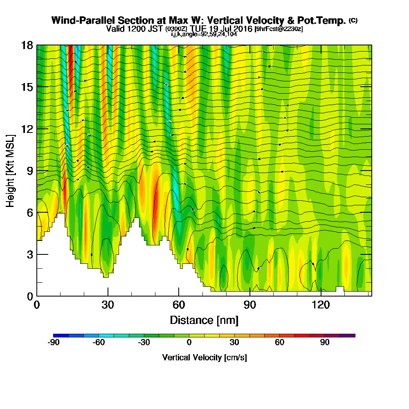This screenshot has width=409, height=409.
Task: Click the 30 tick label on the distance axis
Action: pos(108,305)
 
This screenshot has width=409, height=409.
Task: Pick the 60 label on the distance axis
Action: pos(179,305)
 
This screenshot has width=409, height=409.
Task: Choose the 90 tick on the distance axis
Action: pos(250,305)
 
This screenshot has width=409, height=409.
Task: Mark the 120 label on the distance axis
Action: pos(321,305)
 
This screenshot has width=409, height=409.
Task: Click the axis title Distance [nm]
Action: pos(204,320)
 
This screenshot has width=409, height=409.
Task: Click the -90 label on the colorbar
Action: pos(54,343)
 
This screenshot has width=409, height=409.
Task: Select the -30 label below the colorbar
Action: pos(144,343)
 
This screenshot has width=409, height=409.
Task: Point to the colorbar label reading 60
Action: pos(280,343)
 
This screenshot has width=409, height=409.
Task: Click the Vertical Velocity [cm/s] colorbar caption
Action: pos(204,357)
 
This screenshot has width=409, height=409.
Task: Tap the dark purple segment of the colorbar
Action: pos(351,335)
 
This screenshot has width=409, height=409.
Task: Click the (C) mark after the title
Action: pos(353,20)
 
